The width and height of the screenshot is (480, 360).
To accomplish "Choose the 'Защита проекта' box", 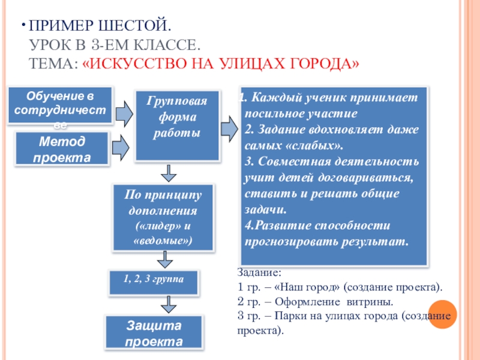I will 154,333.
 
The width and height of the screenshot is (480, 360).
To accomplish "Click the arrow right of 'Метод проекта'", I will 122,146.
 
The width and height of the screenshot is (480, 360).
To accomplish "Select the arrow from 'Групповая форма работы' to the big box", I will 229,128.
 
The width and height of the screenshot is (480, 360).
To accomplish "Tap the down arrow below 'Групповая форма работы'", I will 170,173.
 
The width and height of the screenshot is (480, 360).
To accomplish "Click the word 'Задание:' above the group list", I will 256,274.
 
